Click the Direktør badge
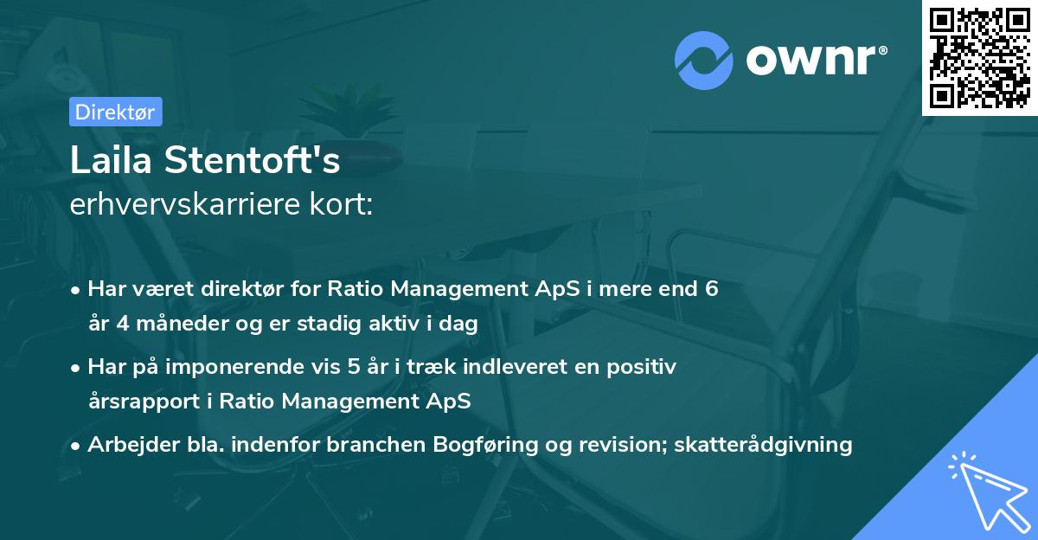click(115, 112)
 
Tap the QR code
click(980, 58)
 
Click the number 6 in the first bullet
click(711, 289)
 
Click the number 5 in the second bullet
click(354, 367)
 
